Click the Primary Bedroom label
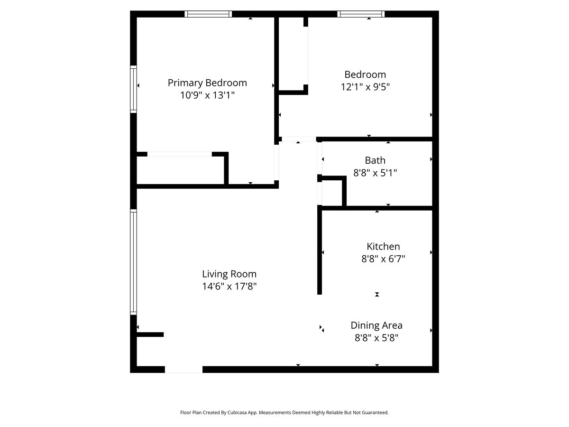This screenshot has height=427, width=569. click(x=207, y=83)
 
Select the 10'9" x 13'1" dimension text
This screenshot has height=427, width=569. click(x=207, y=95)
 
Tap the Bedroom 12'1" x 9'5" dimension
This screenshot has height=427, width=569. click(x=365, y=87)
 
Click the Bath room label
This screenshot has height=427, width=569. click(x=375, y=160)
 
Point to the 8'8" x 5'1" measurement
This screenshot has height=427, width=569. click(x=375, y=173)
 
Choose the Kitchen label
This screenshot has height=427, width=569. click(x=383, y=247)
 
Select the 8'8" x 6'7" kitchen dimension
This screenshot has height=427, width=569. click(x=383, y=259)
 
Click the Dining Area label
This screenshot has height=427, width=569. click(x=376, y=325)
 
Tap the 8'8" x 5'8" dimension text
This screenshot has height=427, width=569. click(x=376, y=338)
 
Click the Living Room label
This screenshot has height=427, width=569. click(x=229, y=274)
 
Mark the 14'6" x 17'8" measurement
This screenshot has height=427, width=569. click(x=229, y=287)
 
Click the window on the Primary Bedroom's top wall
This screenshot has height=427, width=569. click(x=208, y=14)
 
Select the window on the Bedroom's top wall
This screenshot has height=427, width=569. click(x=361, y=14)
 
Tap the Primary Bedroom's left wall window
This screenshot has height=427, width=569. click(x=134, y=89)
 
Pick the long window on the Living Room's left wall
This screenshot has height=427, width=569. click(x=134, y=262)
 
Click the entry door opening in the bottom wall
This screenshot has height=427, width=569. click(x=184, y=370)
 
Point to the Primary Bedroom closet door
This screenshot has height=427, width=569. click(x=179, y=154)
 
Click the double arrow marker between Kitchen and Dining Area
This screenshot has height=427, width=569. click(x=377, y=295)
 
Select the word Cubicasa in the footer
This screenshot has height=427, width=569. click(x=247, y=413)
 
